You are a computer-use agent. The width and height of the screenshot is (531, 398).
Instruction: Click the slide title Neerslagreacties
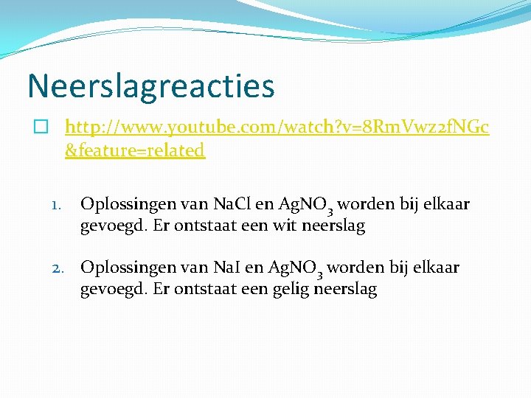click(x=151, y=85)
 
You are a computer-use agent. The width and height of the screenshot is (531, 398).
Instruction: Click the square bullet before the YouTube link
click(x=41, y=128)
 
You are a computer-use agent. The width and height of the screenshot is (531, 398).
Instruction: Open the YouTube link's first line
click(x=277, y=128)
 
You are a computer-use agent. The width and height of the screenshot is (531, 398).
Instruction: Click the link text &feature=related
click(x=135, y=150)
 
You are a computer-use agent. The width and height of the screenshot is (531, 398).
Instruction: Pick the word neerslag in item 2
click(x=346, y=290)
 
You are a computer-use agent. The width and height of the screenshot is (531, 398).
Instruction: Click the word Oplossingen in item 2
click(x=127, y=268)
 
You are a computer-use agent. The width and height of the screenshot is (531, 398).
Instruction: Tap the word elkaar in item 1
click(x=445, y=204)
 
